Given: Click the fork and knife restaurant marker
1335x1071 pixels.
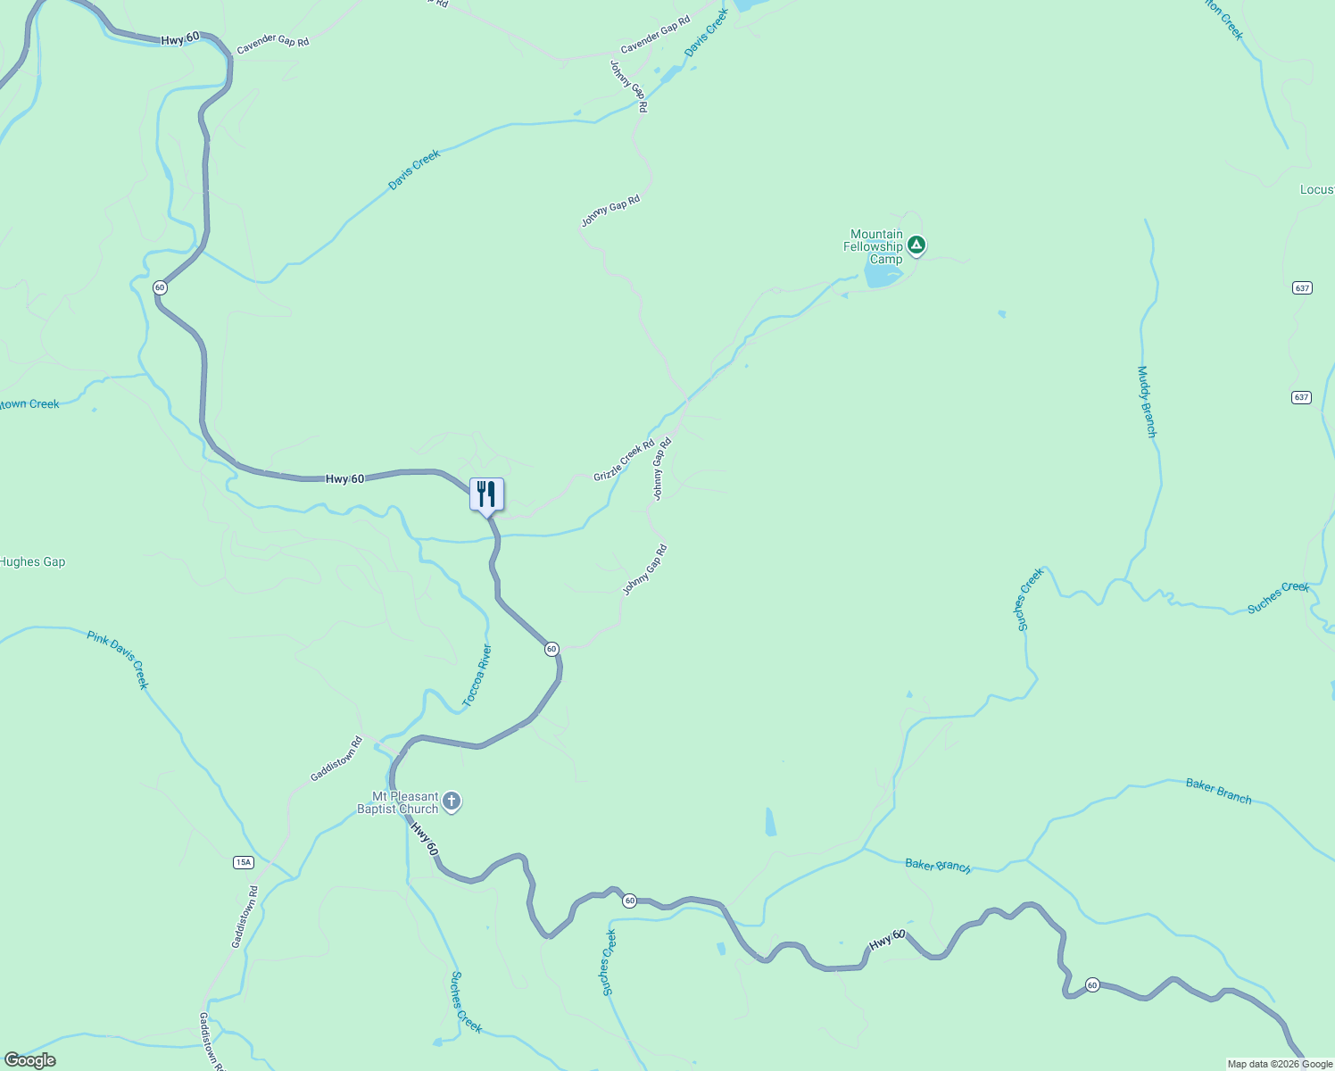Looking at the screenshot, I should pyautogui.click(x=486, y=494).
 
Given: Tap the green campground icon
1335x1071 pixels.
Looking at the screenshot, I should pyautogui.click(x=916, y=245).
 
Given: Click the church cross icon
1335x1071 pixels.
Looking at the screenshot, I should pyautogui.click(x=452, y=801).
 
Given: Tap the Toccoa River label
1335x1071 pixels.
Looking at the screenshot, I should pyautogui.click(x=477, y=676).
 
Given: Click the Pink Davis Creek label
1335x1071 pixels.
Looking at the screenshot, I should pyautogui.click(x=117, y=660).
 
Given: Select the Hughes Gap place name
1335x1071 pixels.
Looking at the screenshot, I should pyautogui.click(x=32, y=562).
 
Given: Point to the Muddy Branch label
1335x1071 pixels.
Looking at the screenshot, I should pyautogui.click(x=1147, y=402).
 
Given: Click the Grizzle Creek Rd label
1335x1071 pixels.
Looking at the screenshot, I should pyautogui.click(x=624, y=460).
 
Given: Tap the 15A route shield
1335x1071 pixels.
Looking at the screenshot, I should pyautogui.click(x=244, y=862).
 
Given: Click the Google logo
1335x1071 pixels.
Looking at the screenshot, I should pyautogui.click(x=29, y=1060).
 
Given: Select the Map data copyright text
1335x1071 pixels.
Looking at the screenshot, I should pyautogui.click(x=1280, y=1064).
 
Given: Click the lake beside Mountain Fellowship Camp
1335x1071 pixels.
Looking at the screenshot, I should pyautogui.click(x=883, y=276).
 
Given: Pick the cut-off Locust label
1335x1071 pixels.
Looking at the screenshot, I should pyautogui.click(x=1316, y=190).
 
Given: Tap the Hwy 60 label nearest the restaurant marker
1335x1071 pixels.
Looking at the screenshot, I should pyautogui.click(x=344, y=479).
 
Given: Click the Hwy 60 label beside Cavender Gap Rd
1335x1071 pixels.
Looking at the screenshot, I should pyautogui.click(x=180, y=40).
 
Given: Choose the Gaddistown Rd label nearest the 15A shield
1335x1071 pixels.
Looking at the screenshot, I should pyautogui.click(x=245, y=917).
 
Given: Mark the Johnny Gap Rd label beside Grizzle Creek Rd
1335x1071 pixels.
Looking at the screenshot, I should pyautogui.click(x=660, y=469).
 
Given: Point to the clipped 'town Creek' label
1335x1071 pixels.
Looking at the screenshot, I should pyautogui.click(x=30, y=404).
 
